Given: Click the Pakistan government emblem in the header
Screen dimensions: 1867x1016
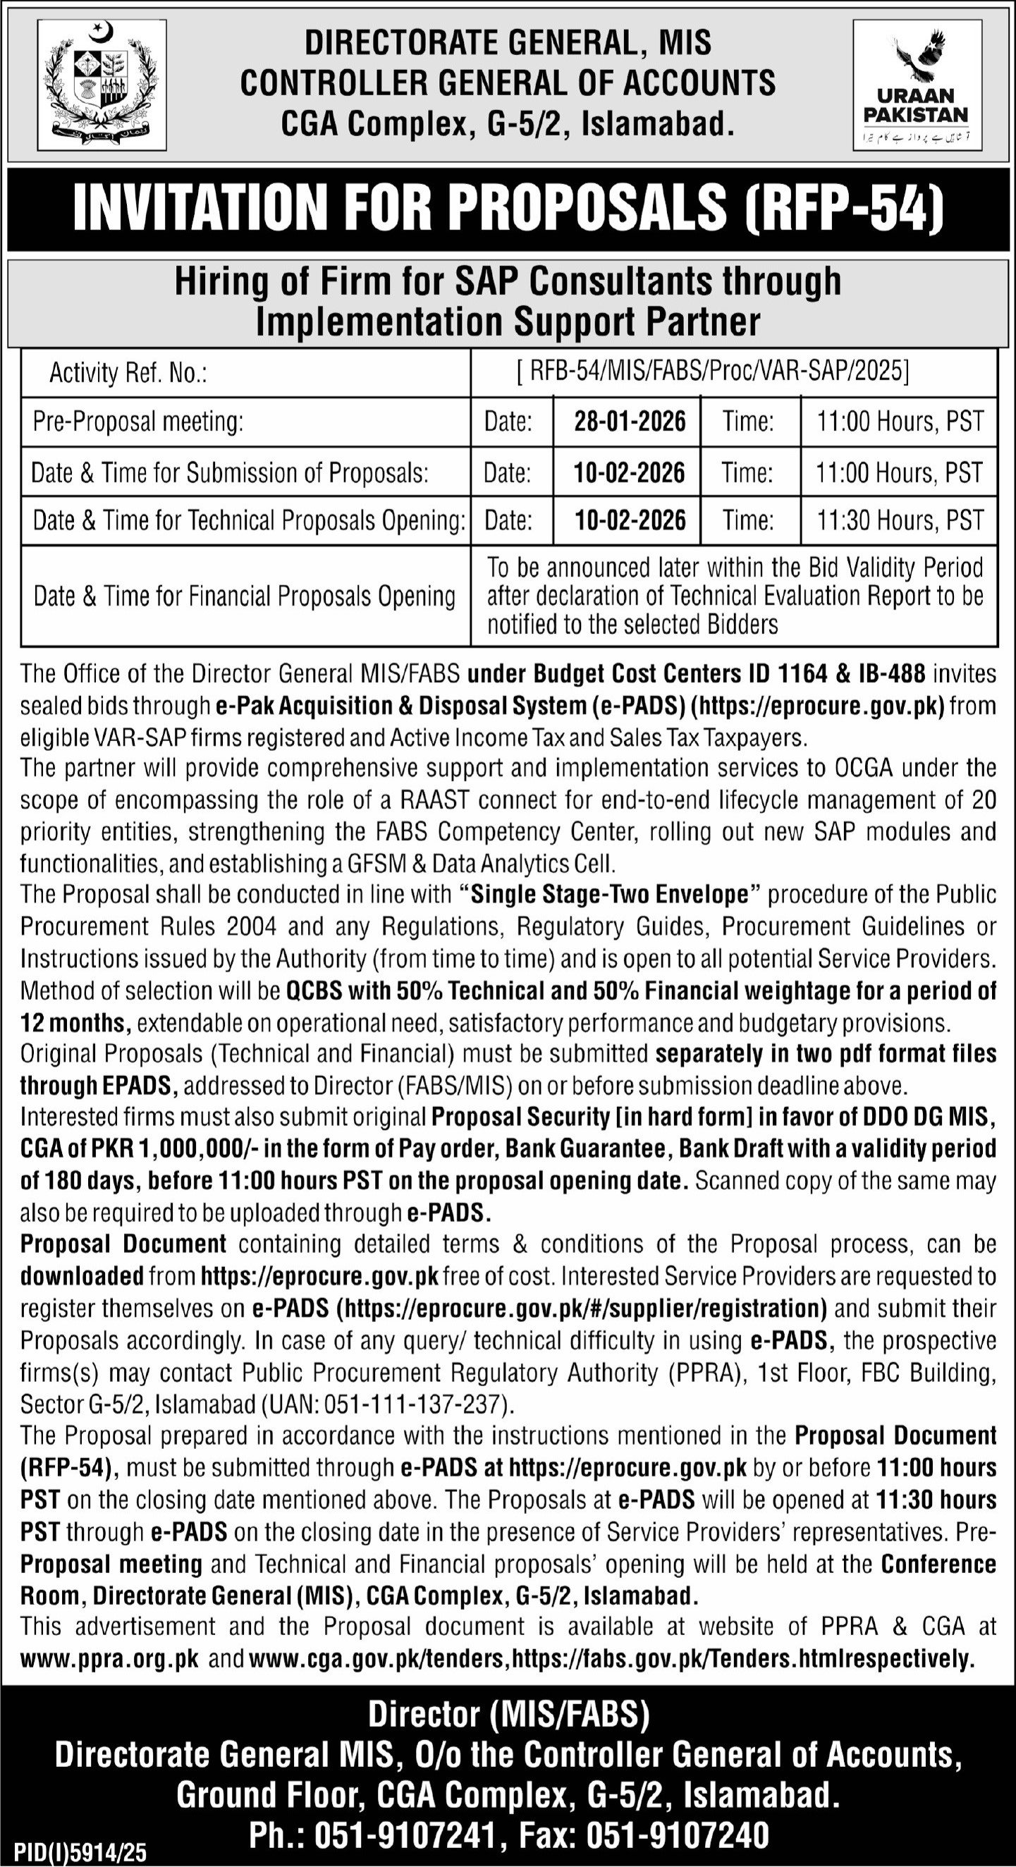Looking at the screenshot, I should click(x=102, y=84).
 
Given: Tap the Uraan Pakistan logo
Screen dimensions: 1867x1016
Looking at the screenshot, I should click(x=917, y=85).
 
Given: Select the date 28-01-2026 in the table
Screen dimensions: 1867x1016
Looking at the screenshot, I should click(x=630, y=421).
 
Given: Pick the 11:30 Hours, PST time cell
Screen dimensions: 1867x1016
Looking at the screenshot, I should click(x=900, y=520).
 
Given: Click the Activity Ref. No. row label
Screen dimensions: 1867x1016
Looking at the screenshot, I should click(x=128, y=373).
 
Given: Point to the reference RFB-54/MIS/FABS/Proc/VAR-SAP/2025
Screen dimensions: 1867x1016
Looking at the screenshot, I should click(x=713, y=372).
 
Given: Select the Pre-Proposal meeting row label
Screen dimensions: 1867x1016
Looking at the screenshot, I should click(x=137, y=421).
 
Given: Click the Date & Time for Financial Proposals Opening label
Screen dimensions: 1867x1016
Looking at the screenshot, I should click(x=244, y=596).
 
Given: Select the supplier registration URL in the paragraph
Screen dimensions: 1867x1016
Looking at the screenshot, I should click(x=583, y=1308).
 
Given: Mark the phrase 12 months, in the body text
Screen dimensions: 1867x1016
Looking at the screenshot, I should click(x=75, y=1022).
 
